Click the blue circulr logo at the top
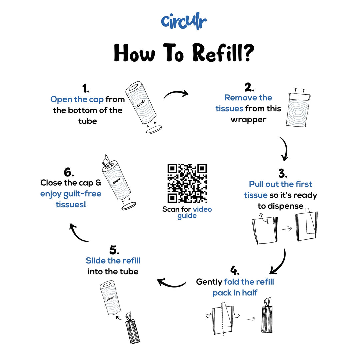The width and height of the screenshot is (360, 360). [184, 21]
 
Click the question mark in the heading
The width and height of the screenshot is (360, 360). [248, 53]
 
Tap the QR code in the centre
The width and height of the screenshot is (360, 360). [187, 183]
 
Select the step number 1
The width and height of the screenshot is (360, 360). [86, 88]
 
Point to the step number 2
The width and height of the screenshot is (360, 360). [249, 87]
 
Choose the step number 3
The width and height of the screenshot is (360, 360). [283, 173]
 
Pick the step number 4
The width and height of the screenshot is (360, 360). [235, 270]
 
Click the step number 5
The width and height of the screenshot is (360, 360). [114, 250]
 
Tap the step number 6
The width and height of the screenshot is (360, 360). [69, 172]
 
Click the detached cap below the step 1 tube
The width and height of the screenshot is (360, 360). [154, 130]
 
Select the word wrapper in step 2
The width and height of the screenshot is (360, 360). [248, 120]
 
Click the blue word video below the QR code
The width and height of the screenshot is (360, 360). [202, 209]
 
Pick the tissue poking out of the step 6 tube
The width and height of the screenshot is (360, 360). [107, 160]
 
